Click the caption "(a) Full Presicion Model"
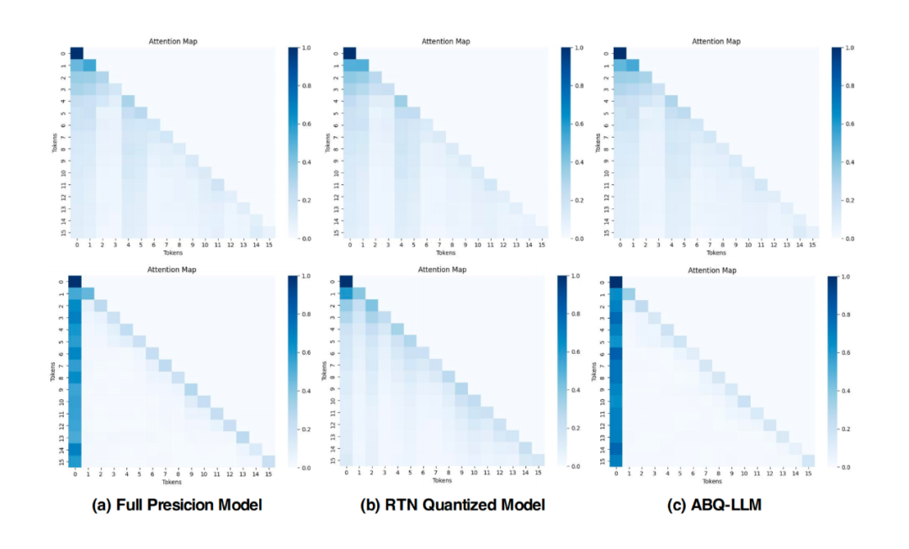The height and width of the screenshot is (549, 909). (x=178, y=504)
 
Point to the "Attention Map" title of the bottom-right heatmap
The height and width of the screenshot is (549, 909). (x=712, y=270)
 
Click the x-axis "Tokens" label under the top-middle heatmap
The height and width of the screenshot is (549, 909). (x=445, y=253)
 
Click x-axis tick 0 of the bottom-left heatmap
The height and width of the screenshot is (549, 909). (x=76, y=473)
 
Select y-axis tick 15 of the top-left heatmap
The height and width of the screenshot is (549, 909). (x=63, y=233)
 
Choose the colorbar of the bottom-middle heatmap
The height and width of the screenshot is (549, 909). (x=562, y=371)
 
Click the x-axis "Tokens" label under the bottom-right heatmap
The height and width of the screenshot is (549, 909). (x=712, y=482)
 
